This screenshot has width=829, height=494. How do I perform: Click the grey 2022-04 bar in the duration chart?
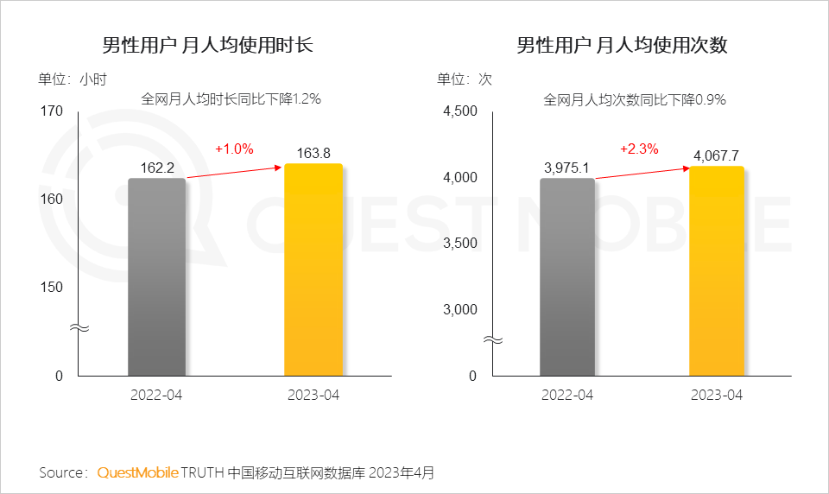pyautogui.click(x=156, y=276)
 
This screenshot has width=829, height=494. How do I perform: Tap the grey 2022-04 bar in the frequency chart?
pyautogui.click(x=567, y=276)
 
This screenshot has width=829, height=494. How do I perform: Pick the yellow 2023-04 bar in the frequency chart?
pyautogui.click(x=717, y=271)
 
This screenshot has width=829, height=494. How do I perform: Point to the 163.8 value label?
pyautogui.click(x=313, y=154)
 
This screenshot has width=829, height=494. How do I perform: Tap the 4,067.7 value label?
pyautogui.click(x=717, y=155)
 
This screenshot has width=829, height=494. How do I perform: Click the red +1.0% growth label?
pyautogui.click(x=234, y=149)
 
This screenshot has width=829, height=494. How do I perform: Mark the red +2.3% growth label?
pyautogui.click(x=639, y=149)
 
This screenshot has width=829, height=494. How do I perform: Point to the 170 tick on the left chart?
pyautogui.click(x=53, y=111)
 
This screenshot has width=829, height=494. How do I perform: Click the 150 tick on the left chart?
pyautogui.click(x=53, y=287)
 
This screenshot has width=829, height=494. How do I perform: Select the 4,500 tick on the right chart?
pyautogui.click(x=460, y=111)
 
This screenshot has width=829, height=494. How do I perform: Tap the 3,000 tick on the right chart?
pyautogui.click(x=460, y=309)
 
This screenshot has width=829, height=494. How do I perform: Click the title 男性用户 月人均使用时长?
pyautogui.click(x=207, y=45)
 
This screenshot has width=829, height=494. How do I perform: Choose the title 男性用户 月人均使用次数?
pyautogui.click(x=622, y=45)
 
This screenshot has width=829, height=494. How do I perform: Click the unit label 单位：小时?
pyautogui.click(x=73, y=79)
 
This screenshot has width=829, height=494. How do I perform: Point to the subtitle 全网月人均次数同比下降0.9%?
pyautogui.click(x=634, y=99)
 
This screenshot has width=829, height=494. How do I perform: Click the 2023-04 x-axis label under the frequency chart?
pyautogui.click(x=717, y=395)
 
